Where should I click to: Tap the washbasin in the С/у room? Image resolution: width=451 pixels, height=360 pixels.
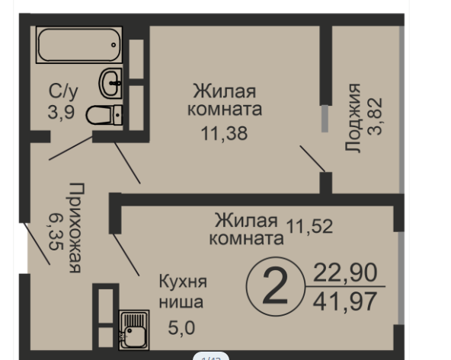click(112, 82)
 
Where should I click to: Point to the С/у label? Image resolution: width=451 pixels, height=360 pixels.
click(63, 92)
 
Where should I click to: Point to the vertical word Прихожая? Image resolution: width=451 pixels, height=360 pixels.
click(75, 227)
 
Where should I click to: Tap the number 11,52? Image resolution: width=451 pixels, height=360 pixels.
click(310, 225)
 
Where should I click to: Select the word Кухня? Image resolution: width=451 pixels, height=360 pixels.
click(183, 282)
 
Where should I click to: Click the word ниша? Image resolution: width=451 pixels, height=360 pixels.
click(181, 302)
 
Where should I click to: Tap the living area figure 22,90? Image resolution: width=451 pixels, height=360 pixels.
click(345, 272)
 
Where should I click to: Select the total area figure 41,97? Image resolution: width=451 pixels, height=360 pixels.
click(345, 301)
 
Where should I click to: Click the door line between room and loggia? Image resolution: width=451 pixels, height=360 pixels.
click(312, 158)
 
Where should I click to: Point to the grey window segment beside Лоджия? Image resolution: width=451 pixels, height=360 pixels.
click(325, 119)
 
